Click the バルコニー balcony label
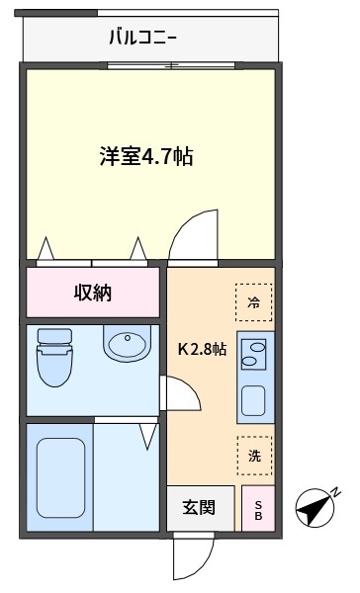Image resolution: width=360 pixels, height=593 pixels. (x=142, y=39)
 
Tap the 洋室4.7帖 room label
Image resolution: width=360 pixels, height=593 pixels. (x=146, y=156)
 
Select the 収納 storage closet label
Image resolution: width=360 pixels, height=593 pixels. (x=93, y=293)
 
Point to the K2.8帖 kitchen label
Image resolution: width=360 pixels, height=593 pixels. (x=202, y=350)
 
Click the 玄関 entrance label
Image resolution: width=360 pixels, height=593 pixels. (x=199, y=508)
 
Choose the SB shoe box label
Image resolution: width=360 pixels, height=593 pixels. (x=258, y=510)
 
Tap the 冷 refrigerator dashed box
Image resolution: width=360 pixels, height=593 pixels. (x=253, y=302)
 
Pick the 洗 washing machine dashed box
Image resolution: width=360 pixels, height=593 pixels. (x=254, y=456)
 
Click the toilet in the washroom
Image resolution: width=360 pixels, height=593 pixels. (x=54, y=358)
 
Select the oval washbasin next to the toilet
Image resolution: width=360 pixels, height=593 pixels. (x=128, y=344)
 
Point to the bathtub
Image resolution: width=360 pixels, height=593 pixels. (x=60, y=477)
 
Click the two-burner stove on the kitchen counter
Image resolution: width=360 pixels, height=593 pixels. (x=253, y=355)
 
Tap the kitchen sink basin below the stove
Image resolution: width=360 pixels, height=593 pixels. (x=253, y=401)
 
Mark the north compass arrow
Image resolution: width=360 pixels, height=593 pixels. (x=315, y=508)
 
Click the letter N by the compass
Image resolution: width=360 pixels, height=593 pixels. (x=336, y=492)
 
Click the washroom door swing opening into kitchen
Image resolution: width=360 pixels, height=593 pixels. (x=182, y=393)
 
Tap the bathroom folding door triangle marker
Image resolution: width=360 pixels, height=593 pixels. (x=148, y=437)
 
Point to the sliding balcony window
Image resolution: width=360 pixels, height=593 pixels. (x=171, y=65)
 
